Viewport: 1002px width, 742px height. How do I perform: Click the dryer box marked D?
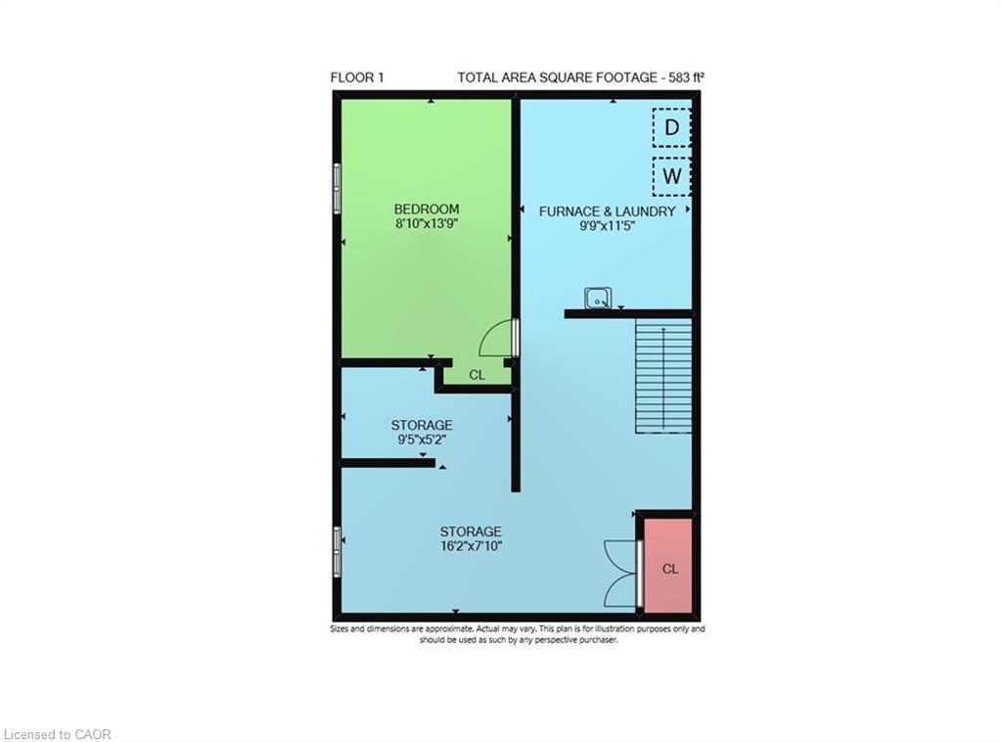pyautogui.click(x=671, y=127)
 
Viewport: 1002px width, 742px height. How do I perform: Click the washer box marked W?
pyautogui.click(x=671, y=176)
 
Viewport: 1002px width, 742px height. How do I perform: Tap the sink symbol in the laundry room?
pyautogui.click(x=598, y=298)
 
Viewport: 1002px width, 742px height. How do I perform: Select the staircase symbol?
pyautogui.click(x=663, y=376)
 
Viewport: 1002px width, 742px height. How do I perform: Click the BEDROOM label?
pyautogui.click(x=427, y=209)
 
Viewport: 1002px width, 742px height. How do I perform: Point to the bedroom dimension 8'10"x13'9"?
pyautogui.click(x=427, y=223)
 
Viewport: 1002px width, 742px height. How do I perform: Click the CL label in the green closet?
pyautogui.click(x=477, y=375)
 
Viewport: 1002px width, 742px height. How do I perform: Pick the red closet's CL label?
pyautogui.click(x=670, y=569)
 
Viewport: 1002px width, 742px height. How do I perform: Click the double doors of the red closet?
pyautogui.click(x=621, y=572)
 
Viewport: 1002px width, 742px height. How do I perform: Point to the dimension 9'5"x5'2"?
pyautogui.click(x=422, y=440)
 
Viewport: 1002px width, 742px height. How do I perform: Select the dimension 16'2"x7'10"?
pyautogui.click(x=471, y=546)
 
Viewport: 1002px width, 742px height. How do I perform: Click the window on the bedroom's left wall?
pyautogui.click(x=337, y=188)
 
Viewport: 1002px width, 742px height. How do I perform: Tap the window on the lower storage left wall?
pyautogui.click(x=337, y=551)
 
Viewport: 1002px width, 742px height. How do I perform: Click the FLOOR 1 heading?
pyautogui.click(x=357, y=77)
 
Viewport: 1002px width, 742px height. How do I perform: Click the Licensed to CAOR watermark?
pyautogui.click(x=58, y=733)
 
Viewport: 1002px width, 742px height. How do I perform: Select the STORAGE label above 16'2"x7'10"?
pyautogui.click(x=471, y=532)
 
